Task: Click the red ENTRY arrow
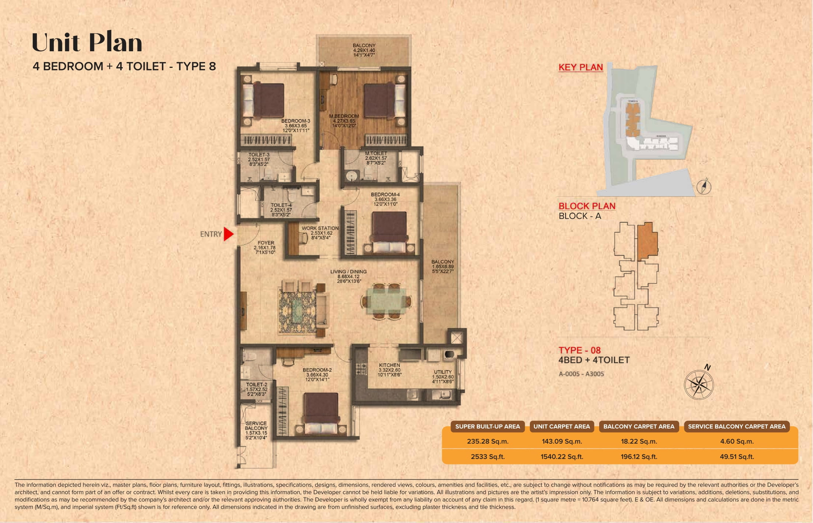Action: coord(229,234)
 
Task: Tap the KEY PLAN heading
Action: coord(580,67)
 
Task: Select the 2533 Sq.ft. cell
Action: coord(487,457)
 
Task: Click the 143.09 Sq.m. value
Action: coord(562,441)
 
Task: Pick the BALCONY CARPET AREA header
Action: coord(639,426)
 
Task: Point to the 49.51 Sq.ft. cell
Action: coord(736,457)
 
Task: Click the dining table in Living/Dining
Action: coord(386,301)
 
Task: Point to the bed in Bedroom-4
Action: coord(389,232)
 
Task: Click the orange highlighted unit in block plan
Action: coord(647,241)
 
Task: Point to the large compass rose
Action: coord(698,385)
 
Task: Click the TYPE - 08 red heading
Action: coord(579,350)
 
